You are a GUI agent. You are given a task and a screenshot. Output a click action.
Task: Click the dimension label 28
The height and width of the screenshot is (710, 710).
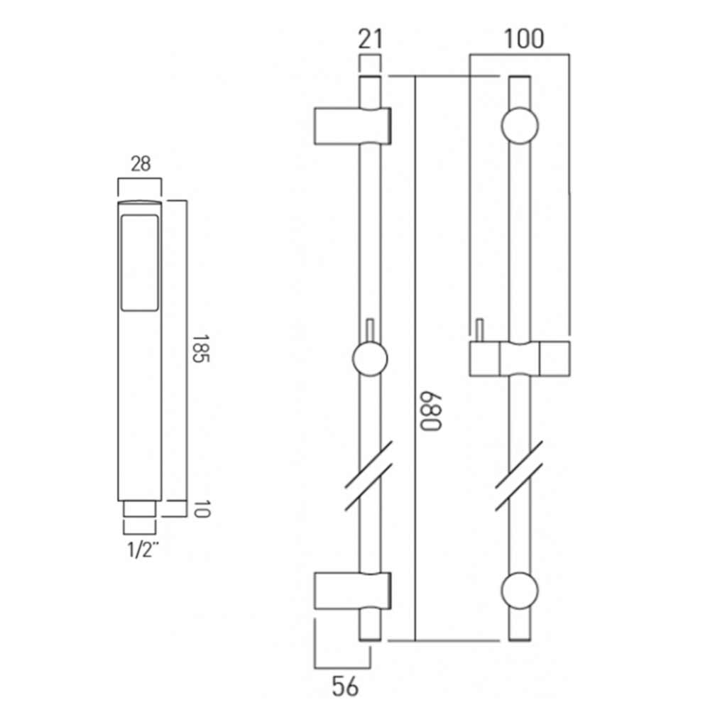tap(141, 164)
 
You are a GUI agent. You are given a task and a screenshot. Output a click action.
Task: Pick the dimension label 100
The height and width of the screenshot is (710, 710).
tap(524, 39)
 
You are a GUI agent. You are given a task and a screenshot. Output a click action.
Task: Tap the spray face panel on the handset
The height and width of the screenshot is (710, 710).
tap(140, 265)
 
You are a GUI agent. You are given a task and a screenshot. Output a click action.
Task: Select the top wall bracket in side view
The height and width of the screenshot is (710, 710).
tap(351, 127)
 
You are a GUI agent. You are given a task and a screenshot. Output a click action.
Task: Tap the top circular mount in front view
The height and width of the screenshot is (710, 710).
tap(520, 127)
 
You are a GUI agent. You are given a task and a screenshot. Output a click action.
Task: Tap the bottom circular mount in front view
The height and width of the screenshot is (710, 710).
tap(520, 591)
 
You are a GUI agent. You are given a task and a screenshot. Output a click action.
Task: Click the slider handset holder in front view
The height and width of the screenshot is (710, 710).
tap(520, 358)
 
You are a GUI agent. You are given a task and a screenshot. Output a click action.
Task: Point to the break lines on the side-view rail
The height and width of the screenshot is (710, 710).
tap(370, 475)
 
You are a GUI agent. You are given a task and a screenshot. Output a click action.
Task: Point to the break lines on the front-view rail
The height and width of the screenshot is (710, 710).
tap(520, 475)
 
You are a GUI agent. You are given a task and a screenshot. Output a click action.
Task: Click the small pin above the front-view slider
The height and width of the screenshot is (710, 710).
tap(480, 330)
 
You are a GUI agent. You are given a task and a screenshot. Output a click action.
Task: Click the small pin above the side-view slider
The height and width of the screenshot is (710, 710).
tap(370, 330)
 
